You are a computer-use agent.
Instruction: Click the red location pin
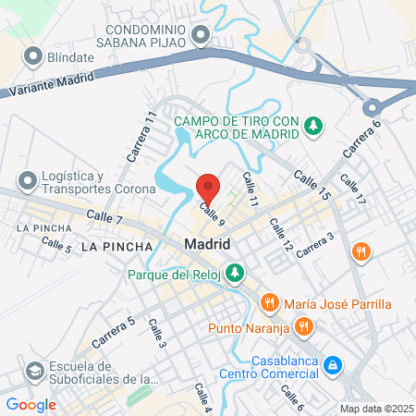coord(208,188)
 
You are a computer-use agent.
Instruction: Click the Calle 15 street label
coord(312,185)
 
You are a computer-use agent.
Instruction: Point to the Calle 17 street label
coord(352,189)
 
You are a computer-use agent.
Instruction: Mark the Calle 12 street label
coord(281,235)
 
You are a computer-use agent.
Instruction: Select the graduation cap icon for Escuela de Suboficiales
coord(34,371)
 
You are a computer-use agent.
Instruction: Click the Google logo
coord(31,404)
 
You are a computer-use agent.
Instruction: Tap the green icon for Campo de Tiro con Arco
coord(313,125)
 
